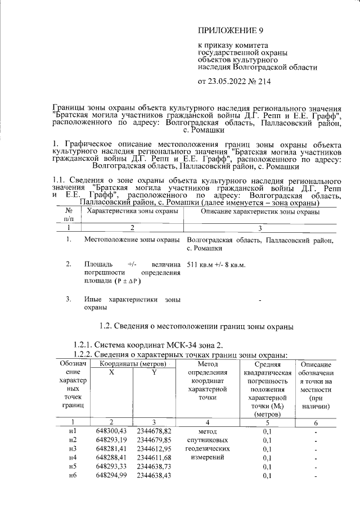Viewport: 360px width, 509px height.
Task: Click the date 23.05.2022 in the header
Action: [228, 82]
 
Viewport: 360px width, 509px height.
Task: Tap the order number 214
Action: [264, 82]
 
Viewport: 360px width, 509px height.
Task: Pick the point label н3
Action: [72, 448]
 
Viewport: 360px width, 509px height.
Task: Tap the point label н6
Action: [72, 476]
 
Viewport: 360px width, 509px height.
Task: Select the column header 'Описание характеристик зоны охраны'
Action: [260, 212]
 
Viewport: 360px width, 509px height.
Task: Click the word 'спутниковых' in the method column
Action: [208, 439]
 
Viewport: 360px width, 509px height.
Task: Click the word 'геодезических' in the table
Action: [208, 448]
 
